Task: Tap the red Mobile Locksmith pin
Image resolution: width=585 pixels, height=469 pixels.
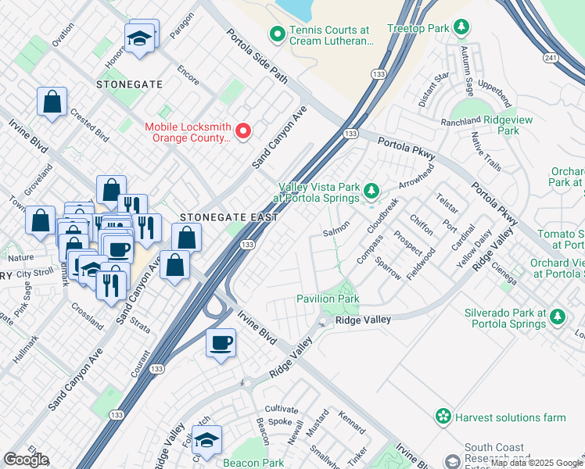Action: pos(243,131)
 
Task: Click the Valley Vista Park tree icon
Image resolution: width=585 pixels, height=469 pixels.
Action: pos(371,190)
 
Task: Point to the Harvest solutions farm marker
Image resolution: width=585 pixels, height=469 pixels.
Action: pos(444,417)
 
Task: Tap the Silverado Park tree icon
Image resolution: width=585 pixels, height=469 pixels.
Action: pos(558,317)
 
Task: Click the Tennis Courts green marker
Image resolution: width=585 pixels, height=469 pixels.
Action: pos(276,34)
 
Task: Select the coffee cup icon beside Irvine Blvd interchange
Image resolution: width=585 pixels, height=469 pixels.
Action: pos(221,342)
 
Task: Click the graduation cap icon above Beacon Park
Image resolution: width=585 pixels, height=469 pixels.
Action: pos(206,442)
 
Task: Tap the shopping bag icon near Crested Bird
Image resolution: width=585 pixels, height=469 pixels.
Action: pos(52,102)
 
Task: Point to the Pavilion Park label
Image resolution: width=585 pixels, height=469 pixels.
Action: pos(327,299)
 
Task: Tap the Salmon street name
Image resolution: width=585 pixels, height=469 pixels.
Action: pos(336,231)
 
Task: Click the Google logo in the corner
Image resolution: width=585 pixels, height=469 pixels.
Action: pos(26,460)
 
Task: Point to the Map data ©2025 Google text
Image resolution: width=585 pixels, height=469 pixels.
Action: pos(537,463)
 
